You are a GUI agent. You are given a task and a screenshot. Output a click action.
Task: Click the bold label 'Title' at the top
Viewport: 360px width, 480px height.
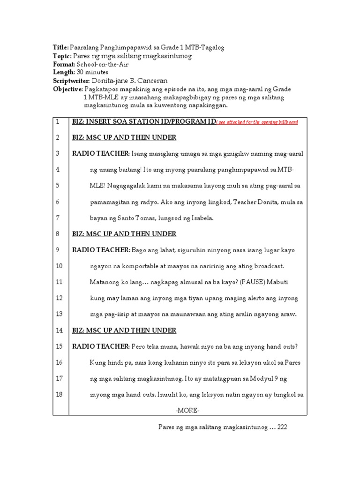click(x=60, y=48)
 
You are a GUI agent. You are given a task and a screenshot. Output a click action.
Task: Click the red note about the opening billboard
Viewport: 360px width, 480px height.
click(x=257, y=122)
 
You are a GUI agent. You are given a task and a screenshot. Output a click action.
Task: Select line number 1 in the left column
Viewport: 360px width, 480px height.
click(x=57, y=121)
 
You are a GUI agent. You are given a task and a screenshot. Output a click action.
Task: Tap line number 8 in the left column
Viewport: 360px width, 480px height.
click(x=57, y=234)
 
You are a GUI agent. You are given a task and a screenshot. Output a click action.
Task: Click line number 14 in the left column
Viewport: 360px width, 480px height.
click(x=59, y=330)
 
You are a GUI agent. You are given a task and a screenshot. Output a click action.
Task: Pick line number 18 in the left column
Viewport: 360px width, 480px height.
click(x=59, y=395)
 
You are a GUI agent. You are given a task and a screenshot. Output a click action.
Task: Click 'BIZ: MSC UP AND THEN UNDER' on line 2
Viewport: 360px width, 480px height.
click(x=124, y=137)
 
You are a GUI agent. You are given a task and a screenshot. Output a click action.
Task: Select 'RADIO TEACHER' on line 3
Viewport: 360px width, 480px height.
click(x=101, y=153)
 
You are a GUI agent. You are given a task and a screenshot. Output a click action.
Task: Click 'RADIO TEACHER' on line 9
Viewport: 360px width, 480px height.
click(x=101, y=250)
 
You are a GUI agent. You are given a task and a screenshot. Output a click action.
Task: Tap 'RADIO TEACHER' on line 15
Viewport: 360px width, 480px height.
click(x=101, y=347)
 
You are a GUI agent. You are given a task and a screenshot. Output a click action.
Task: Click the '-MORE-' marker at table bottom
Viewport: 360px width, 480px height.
click(x=187, y=411)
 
